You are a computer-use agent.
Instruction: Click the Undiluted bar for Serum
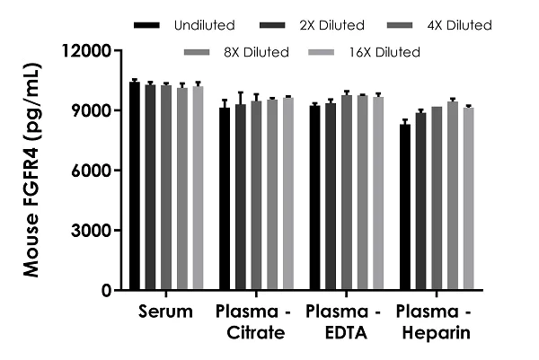point(135,186)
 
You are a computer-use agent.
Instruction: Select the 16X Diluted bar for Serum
point(198,189)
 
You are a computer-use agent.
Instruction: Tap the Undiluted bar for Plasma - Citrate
point(225,198)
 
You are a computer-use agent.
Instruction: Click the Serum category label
point(166,312)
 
